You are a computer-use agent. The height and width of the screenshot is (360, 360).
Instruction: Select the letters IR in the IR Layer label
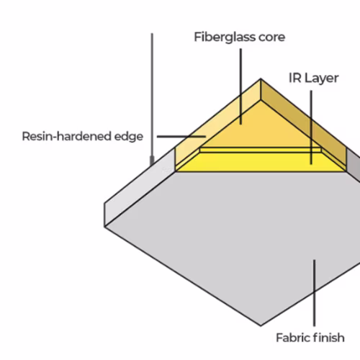tap(295, 78)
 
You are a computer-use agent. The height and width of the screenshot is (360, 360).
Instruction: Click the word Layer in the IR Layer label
tap(322, 78)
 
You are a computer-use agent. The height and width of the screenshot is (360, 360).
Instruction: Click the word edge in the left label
tap(129, 137)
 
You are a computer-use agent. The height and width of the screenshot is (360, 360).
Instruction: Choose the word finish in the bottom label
tap(329, 338)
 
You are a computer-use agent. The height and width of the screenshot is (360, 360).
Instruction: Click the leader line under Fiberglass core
tap(240, 86)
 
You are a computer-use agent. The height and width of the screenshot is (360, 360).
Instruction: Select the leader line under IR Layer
tap(311, 127)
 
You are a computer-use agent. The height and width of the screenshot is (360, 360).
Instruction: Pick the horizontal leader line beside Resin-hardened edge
tap(181, 136)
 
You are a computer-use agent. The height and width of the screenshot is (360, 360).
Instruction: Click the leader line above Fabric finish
tap(315, 293)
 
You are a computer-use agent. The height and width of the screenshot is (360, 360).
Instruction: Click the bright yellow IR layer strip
tap(261, 162)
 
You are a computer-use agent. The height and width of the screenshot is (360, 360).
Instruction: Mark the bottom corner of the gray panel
tap(261, 325)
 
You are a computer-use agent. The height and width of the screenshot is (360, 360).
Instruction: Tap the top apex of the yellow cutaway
tap(261, 78)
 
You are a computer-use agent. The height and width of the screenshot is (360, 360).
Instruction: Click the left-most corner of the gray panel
tap(104, 227)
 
